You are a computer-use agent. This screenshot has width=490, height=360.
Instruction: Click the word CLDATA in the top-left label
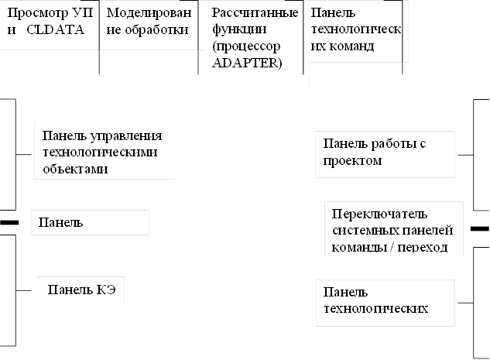[x=55, y=30]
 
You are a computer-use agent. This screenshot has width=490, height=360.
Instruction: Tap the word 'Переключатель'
[x=379, y=214]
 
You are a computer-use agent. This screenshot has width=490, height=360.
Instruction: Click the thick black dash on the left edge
[x=9, y=222]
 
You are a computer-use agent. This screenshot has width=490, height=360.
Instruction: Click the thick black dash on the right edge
[x=480, y=228]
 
